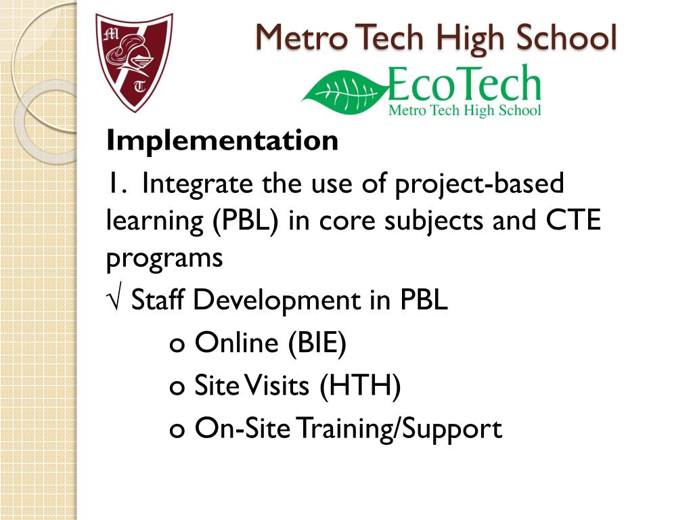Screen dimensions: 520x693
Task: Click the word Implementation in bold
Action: [222, 142]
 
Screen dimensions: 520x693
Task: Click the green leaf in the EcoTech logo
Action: [344, 91]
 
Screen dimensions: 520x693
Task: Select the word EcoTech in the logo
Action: [465, 85]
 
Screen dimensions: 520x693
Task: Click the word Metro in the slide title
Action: [300, 37]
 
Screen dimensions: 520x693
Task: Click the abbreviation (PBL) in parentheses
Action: [248, 221]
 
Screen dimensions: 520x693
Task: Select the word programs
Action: [164, 259]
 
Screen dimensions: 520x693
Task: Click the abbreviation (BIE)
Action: [317, 343]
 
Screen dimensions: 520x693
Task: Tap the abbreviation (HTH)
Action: [361, 386]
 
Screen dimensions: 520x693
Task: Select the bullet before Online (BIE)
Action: [177, 345]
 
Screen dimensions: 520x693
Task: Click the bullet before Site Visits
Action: [177, 388]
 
